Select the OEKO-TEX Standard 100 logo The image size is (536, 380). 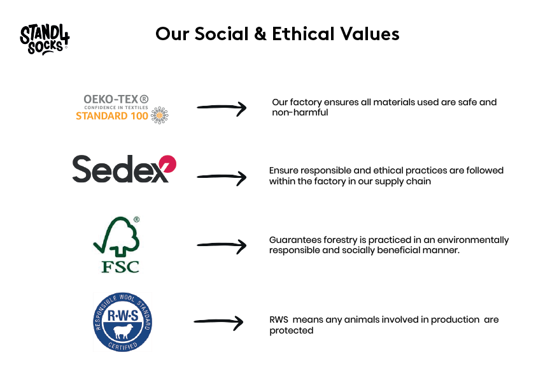tap(122, 108)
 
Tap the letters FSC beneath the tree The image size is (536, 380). tap(120, 266)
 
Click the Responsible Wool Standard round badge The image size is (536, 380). tap(123, 321)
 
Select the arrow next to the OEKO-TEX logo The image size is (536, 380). tap(222, 109)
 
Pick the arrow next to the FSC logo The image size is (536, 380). tap(222, 244)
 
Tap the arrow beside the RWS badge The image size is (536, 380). tap(218, 323)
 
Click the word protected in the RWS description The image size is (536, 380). tap(291, 330)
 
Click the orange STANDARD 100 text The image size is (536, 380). tap(112, 117)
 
